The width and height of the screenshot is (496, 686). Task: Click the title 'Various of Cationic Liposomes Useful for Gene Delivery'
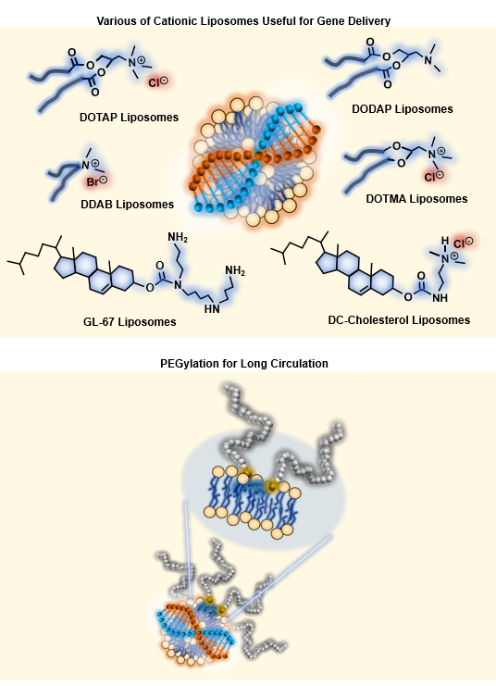point(243,20)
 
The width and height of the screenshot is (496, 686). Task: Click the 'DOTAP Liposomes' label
point(129,118)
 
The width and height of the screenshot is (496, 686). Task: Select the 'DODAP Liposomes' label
point(403,109)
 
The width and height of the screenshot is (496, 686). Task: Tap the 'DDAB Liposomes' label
point(128,205)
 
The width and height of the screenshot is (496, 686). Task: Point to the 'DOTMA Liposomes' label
point(416,199)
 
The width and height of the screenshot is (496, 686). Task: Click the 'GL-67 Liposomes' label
point(130,322)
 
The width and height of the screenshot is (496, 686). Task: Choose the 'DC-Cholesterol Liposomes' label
point(399,320)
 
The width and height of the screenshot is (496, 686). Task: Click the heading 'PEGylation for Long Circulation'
point(244,364)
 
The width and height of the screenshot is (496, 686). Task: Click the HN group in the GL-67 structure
point(212,309)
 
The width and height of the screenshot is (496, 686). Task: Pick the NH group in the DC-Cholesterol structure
point(440,298)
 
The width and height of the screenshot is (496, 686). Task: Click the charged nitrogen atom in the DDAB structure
point(86,165)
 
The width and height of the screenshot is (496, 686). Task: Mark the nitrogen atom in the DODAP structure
point(428,57)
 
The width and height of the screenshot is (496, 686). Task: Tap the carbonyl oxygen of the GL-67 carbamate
point(160,265)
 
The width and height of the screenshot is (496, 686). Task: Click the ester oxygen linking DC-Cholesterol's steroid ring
point(408,297)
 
